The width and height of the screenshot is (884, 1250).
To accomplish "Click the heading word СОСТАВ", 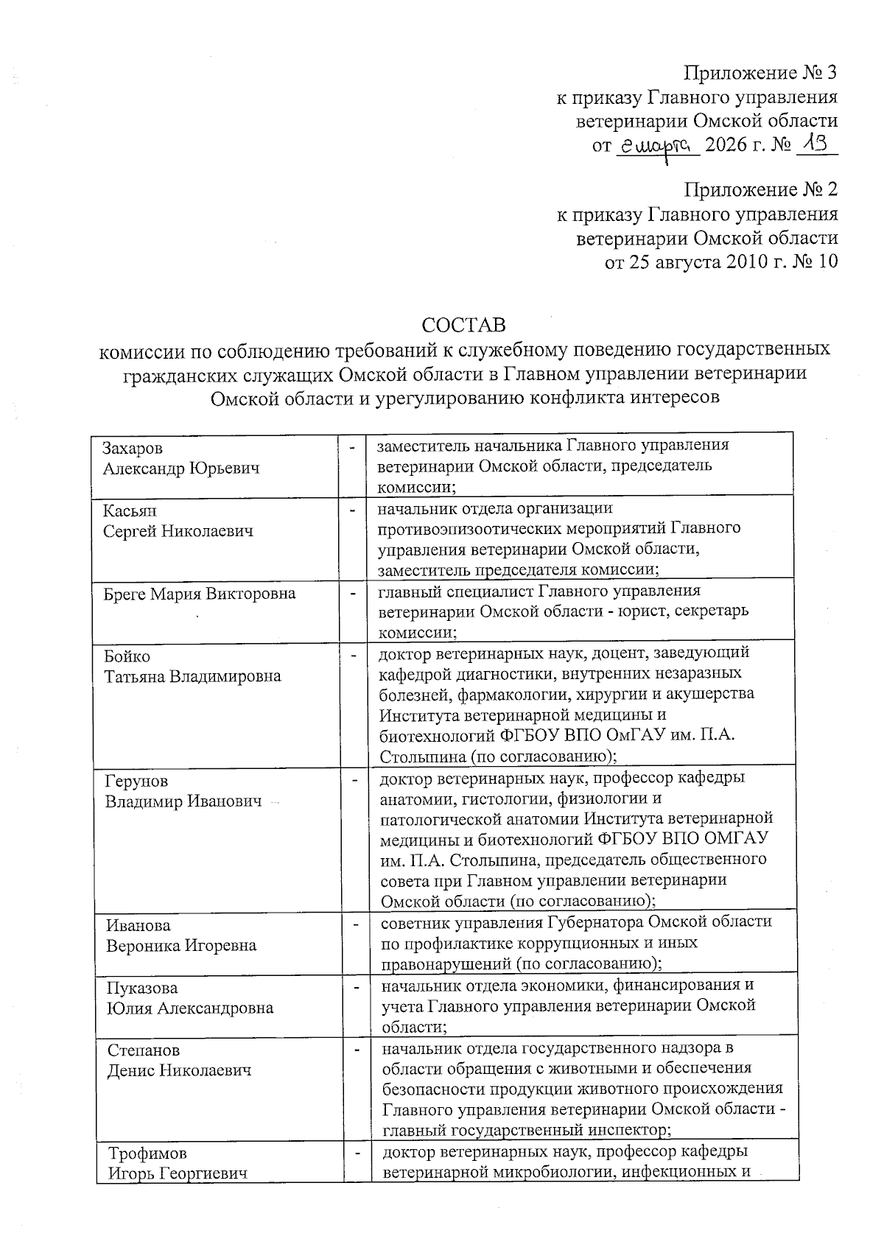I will (463, 324).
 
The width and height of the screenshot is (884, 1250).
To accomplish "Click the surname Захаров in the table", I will (133, 448).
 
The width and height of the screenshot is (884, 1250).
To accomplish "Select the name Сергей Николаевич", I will (178, 531).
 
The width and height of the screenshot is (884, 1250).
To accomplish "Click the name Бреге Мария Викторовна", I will (200, 594).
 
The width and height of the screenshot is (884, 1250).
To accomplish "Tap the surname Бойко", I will (127, 656).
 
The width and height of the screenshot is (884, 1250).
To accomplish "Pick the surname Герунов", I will (136, 781).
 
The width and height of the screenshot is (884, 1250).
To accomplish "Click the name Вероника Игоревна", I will (181, 945).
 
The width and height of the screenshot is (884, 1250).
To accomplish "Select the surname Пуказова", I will (142, 988).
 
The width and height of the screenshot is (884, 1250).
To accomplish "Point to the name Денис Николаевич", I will (179, 1070).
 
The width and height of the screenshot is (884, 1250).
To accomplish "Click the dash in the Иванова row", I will (357, 921).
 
